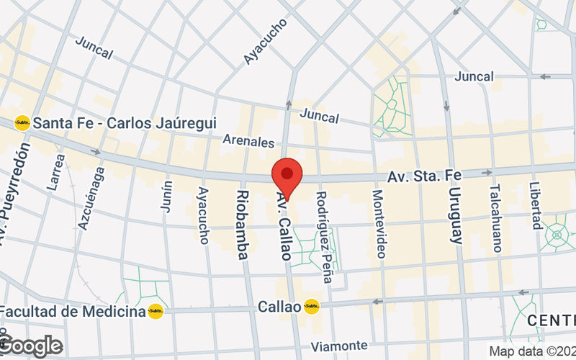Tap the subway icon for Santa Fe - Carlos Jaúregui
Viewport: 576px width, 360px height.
pos(23,123)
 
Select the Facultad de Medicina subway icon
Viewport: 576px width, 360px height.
pos(156,312)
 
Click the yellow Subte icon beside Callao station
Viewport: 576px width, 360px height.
pos(311,307)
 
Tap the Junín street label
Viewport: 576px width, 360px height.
pos(167,195)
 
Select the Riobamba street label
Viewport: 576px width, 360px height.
pos(243,225)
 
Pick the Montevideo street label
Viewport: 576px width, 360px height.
pos(379,224)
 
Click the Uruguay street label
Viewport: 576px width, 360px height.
pos(454,210)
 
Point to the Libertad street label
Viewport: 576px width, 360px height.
pos(536,205)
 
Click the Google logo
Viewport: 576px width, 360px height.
pos(30,346)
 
